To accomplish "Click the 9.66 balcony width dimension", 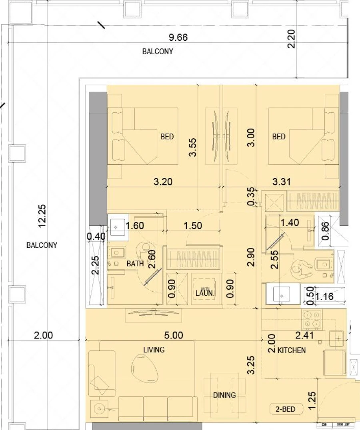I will [x=178, y=38].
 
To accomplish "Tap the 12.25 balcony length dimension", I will [x=42, y=216].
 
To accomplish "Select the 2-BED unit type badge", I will [x=286, y=409].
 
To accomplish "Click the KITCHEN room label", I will [x=292, y=350].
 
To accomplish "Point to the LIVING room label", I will [x=154, y=350].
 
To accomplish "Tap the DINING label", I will [x=224, y=395].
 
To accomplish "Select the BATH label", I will [x=135, y=264].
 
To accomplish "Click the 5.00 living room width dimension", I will [x=174, y=335].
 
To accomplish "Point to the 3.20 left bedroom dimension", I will [x=163, y=182].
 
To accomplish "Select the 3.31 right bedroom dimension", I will [x=282, y=182].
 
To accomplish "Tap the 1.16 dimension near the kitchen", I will [x=324, y=297].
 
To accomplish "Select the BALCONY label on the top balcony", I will [x=158, y=52].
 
